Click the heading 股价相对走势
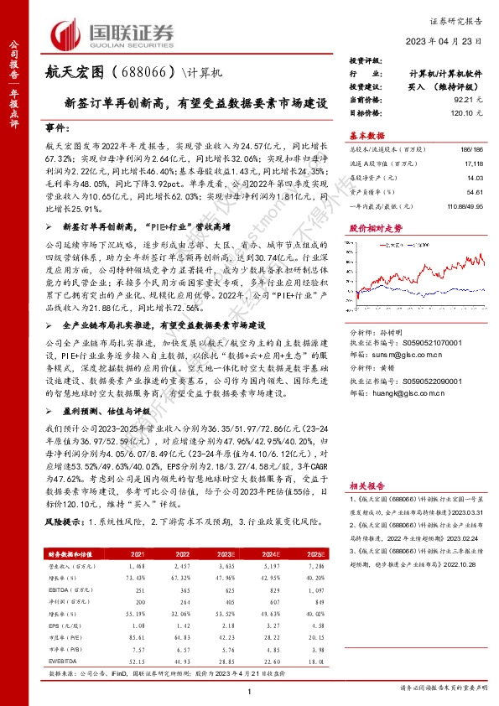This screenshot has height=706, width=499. tap(376, 227)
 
